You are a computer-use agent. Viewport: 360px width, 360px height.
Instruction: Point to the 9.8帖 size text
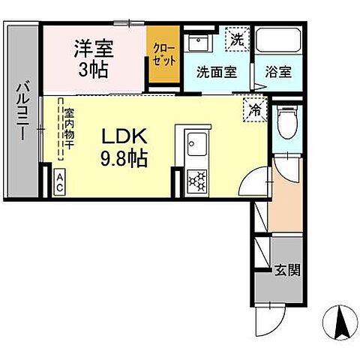pyautogui.click(x=124, y=159)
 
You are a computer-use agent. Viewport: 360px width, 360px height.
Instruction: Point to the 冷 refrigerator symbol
pyautogui.click(x=254, y=109)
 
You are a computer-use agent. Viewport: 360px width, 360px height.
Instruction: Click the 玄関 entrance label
pyautogui.click(x=287, y=270)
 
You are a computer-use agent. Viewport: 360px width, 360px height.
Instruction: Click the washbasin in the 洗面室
pyautogui.click(x=200, y=40)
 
